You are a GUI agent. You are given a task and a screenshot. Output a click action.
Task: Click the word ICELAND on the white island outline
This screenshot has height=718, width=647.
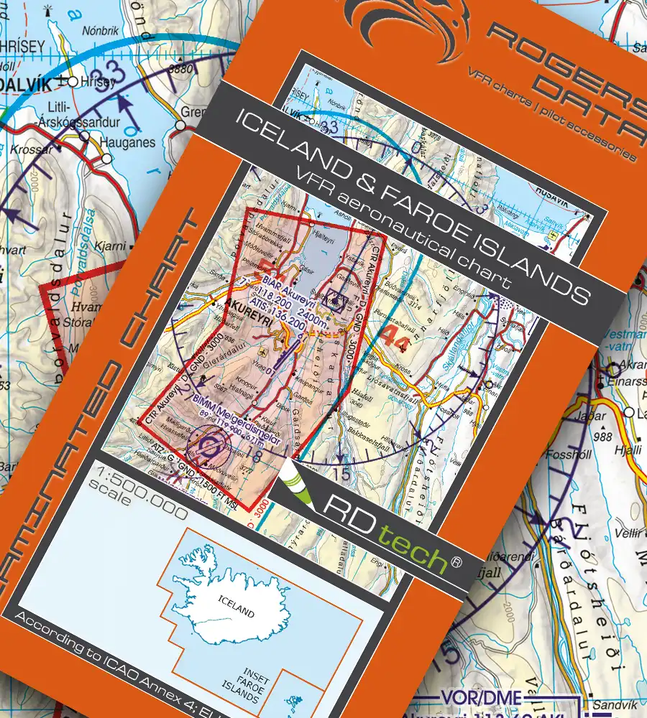(x=237, y=612)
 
